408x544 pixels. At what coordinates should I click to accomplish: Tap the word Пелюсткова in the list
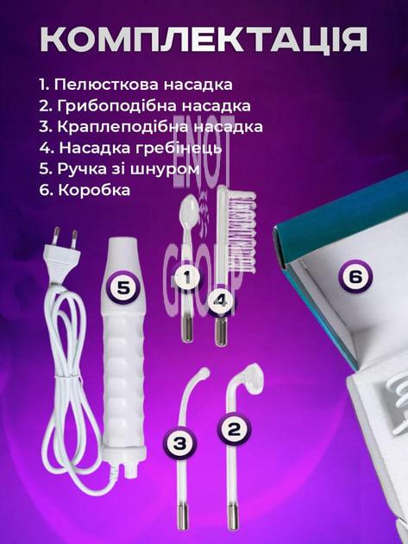[x=107, y=85]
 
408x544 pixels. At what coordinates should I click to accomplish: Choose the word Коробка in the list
[x=94, y=190]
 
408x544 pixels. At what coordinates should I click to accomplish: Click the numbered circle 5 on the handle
[x=122, y=287]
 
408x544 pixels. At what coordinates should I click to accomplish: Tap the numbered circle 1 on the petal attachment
[x=187, y=277]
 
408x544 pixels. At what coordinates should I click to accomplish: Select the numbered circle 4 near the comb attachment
[x=221, y=301]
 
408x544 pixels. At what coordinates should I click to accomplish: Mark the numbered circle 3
[x=179, y=443]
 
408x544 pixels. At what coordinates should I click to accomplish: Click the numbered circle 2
[x=234, y=429]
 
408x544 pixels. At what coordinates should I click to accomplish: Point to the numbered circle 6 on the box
[x=355, y=276]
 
